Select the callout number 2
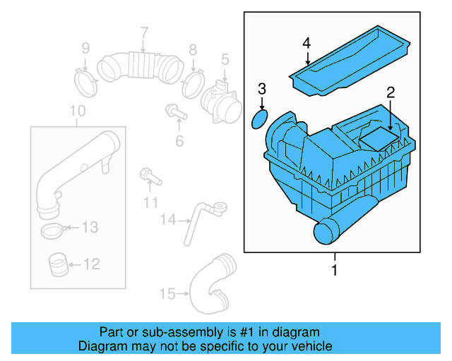pos(389,92)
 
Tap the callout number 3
pos(261,89)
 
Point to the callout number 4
pos(307,44)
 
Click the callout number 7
pos(143,32)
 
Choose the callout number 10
pos(78,111)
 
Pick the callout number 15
pos(167,293)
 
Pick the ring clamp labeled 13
pos(54,229)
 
